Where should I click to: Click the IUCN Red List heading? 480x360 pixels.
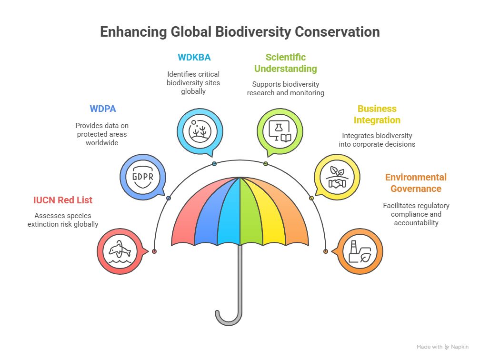coord(63,200)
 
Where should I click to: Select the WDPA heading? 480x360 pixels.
coord(103,109)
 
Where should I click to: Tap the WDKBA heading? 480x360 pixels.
coord(194,57)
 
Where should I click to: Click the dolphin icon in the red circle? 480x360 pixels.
coord(120,251)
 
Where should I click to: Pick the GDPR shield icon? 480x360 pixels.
coord(143,177)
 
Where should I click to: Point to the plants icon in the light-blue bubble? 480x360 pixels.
coord(200,131)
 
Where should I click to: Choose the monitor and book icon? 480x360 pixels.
coord(280,131)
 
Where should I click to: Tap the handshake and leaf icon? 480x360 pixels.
coord(337,177)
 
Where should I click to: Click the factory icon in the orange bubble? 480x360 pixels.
coord(360,251)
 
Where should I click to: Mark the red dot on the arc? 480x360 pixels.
coord(154,251)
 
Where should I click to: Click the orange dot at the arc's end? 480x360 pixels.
coord(326,251)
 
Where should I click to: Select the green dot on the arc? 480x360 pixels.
coord(266,164)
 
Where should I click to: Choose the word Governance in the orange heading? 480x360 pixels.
coord(416,189)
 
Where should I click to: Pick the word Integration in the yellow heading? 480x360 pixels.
coord(377,120)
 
